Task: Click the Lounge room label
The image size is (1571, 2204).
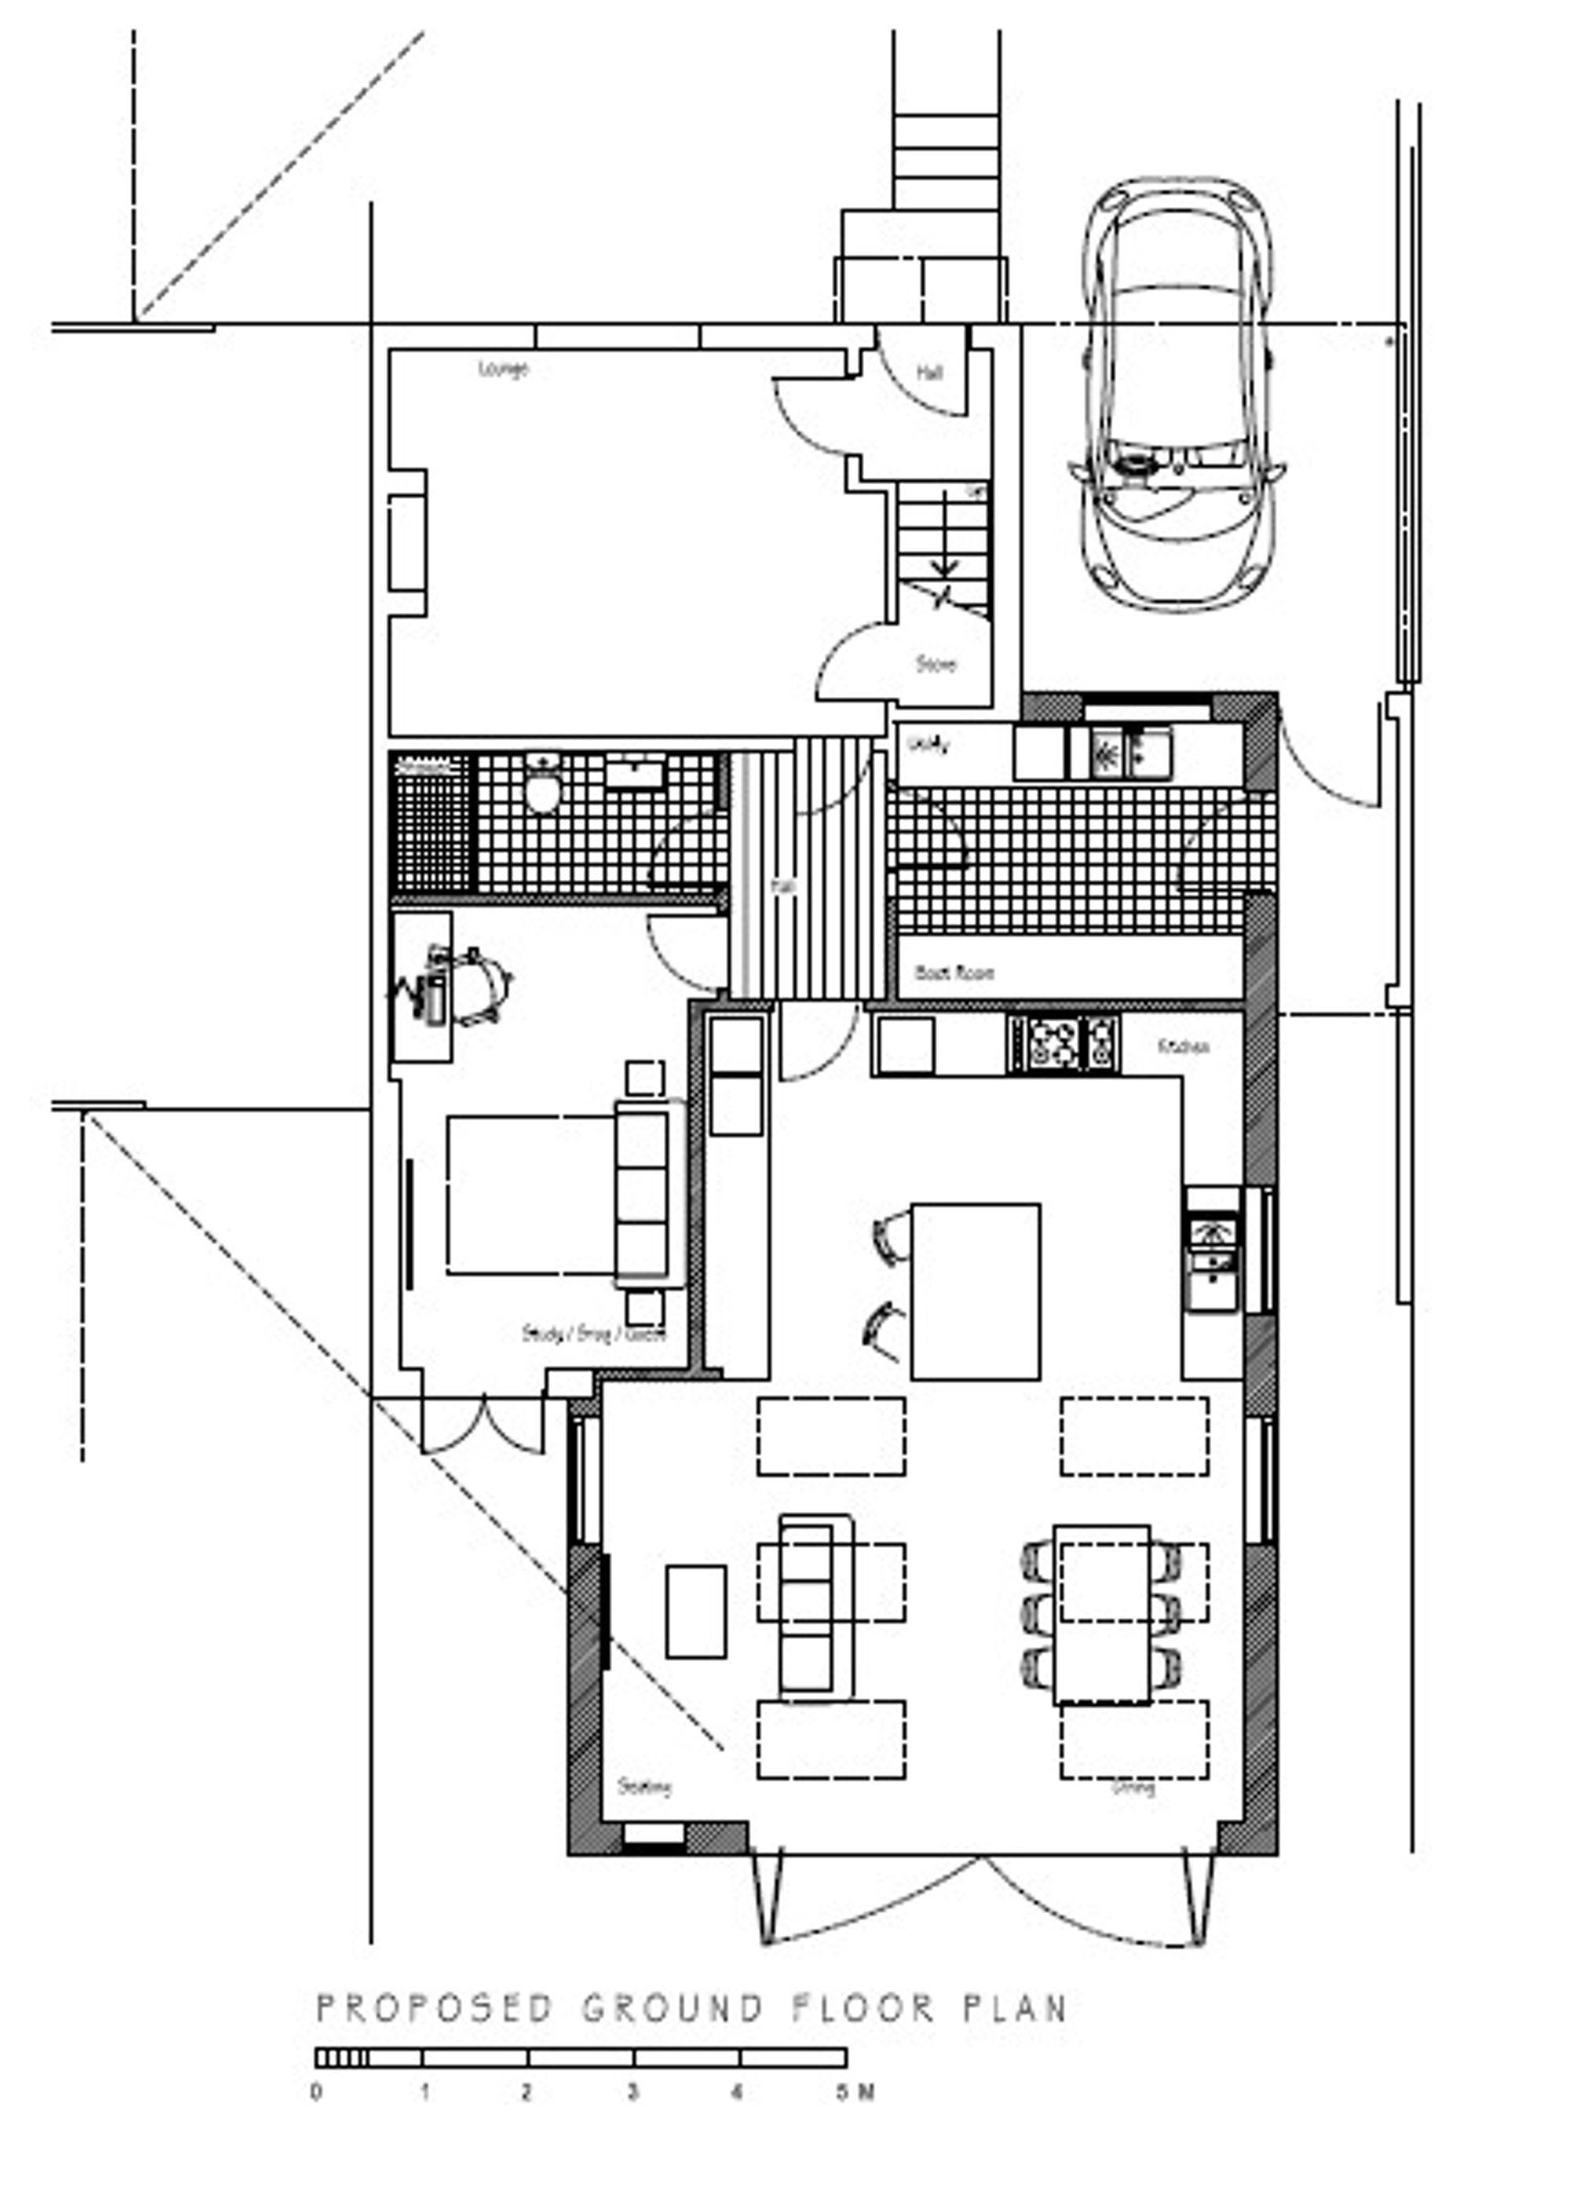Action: point(503,369)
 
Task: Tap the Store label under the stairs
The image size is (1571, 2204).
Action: point(936,665)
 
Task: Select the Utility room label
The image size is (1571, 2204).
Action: point(929,745)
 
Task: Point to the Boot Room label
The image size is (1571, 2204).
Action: point(954,973)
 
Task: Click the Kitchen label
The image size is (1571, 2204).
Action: point(1183,1047)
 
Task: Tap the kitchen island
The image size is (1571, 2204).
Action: point(975,1292)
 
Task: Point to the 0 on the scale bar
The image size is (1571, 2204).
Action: point(317,2092)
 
